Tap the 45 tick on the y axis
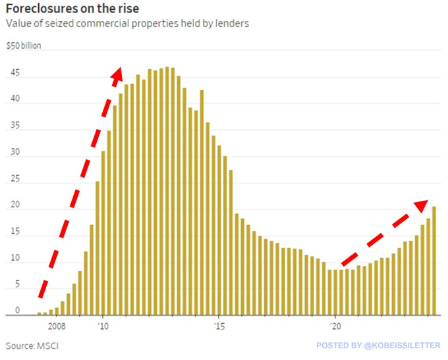(15, 74)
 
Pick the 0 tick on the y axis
(18, 310)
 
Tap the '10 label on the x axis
(103, 325)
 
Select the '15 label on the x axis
(219, 325)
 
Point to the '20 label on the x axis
(335, 325)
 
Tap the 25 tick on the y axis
(15, 181)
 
